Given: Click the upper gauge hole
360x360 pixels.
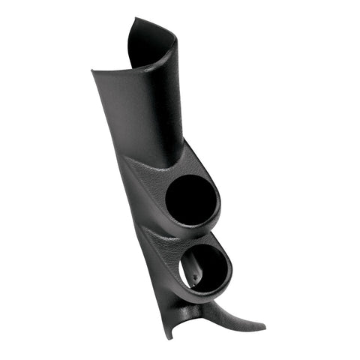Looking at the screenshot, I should pos(191,201).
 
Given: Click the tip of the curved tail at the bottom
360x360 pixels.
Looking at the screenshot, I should pos(263,327).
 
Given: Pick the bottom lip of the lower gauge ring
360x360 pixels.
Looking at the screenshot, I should pos(214,292).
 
